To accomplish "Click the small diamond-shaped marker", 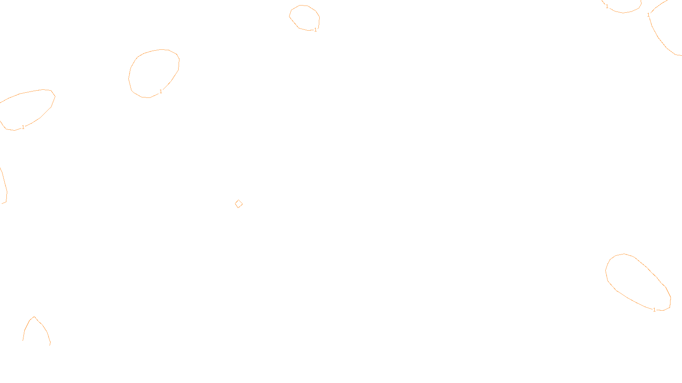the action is pos(239,204).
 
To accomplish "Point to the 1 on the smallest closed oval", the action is pos(315,30).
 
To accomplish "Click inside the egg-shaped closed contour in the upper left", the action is pos(153,73).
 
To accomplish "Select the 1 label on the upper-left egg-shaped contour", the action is pos(161,91).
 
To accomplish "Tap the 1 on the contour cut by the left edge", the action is pos(23,127).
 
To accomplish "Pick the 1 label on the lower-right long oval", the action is pos(655,310).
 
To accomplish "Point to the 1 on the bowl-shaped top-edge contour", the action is pos(607,6).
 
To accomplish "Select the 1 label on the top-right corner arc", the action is pos(648,15).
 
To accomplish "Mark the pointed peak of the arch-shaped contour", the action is pos(34,317).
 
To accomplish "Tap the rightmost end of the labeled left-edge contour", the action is pos(55,96).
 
